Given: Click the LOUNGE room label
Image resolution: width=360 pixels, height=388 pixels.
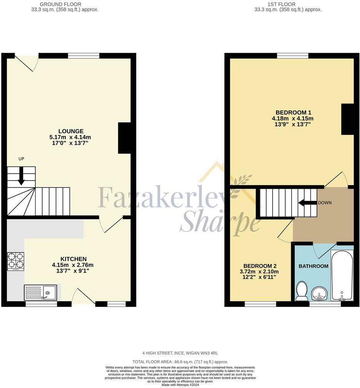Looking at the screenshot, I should [x=71, y=131].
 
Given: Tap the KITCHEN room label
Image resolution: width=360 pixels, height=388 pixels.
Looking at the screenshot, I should [x=73, y=259].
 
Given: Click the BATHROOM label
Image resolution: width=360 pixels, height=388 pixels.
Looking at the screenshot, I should [x=313, y=266].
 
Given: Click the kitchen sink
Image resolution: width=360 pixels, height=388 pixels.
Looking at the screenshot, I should [x=40, y=293].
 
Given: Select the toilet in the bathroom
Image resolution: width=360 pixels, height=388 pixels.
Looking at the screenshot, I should [x=301, y=291].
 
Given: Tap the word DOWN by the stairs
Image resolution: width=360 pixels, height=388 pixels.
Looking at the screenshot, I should [x=324, y=203].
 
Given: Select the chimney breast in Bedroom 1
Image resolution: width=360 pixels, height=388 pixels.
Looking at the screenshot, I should [x=347, y=119].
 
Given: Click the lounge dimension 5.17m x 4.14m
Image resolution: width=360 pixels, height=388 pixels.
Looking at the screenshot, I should [x=71, y=137].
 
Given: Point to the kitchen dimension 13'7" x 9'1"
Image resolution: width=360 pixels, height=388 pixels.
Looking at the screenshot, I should [x=73, y=271].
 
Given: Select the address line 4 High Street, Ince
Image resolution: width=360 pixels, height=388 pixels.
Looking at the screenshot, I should [x=180, y=353].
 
